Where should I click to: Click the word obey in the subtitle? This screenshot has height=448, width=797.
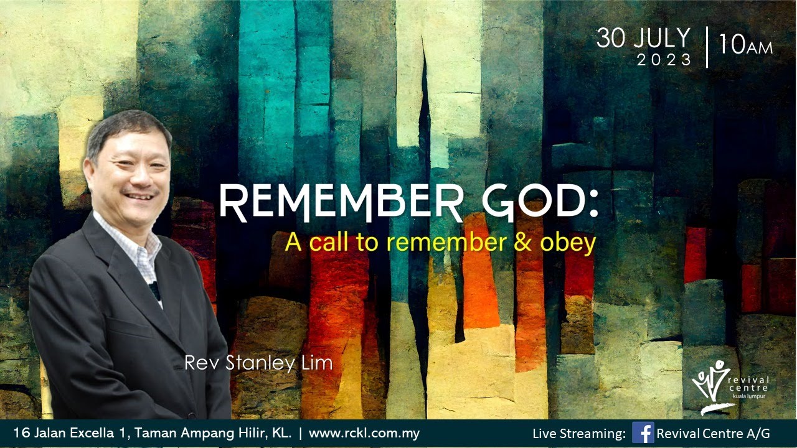568,243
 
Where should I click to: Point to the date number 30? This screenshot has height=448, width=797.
610,39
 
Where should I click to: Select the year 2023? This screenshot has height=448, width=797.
664,60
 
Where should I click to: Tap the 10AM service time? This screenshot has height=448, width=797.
745,46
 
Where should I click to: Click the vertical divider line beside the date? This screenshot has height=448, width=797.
707,47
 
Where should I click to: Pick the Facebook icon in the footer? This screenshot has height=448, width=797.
643,432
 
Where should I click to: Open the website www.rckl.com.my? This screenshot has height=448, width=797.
364,433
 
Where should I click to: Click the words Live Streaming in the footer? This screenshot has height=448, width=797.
579,433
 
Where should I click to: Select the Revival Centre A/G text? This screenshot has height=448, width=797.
714,433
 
